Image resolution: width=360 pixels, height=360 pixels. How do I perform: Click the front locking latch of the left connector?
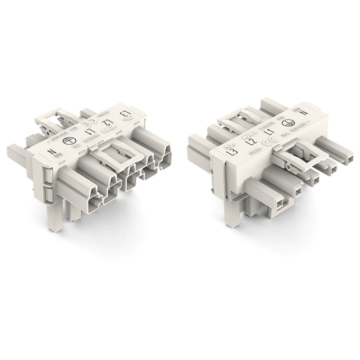click(114, 157)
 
